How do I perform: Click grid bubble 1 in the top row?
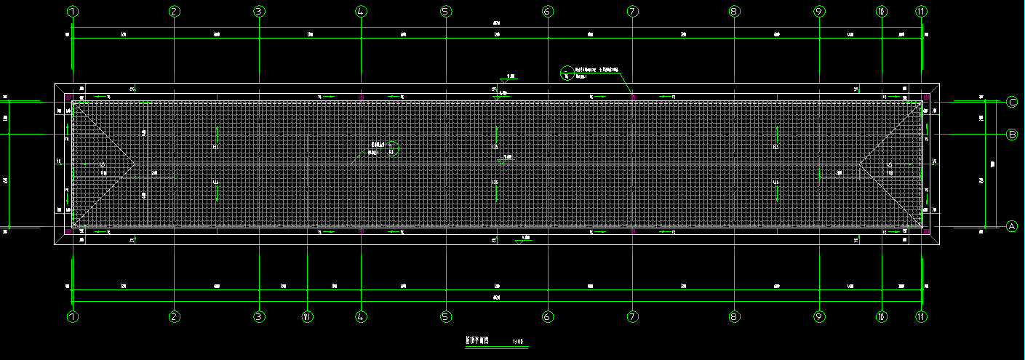tap(72, 11)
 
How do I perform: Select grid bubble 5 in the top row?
tap(446, 11)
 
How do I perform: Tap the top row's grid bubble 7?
tap(632, 11)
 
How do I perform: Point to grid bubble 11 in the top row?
tap(922, 11)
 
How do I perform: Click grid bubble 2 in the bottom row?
tap(174, 317)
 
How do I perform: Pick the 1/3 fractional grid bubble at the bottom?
tap(307, 317)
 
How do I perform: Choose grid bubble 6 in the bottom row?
tap(548, 317)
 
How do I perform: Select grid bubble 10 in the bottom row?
tap(881, 317)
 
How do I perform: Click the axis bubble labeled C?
tap(1011, 103)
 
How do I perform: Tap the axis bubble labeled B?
tap(1011, 135)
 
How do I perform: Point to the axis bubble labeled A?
tap(1011, 227)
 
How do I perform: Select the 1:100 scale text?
tap(518, 341)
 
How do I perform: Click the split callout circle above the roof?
tap(567, 72)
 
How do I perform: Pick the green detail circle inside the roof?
tap(392, 148)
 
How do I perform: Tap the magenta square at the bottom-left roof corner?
tap(68, 232)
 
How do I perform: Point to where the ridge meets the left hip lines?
tap(135, 164)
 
